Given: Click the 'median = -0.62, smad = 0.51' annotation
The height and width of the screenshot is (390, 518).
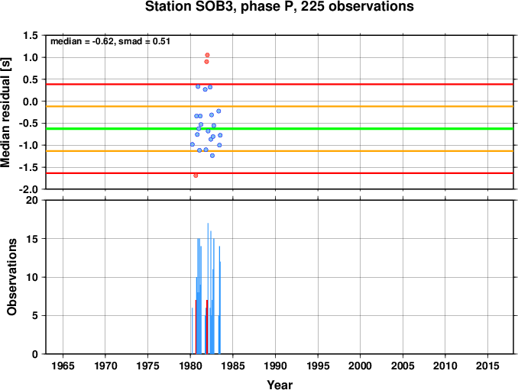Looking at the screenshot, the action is pos(110,41).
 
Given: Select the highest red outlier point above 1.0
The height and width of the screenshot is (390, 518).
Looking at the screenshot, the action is pos(207,55).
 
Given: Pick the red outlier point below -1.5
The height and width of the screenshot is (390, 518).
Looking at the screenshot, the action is pos(196,176).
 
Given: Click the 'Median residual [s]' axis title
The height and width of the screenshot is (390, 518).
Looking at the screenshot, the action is pos(5,112).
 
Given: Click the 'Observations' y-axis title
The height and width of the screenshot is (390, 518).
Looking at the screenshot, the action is pos(12,277).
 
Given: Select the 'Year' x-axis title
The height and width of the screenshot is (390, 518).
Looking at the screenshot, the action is pos(280,385).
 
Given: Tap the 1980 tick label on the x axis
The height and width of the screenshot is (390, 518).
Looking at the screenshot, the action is pos(190,366).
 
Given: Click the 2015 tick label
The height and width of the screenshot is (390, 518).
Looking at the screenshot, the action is pos(487,366).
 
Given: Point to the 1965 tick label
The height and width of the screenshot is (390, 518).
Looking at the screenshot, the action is pos(63,366).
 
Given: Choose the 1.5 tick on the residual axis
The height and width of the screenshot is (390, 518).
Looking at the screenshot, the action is pos(31,35).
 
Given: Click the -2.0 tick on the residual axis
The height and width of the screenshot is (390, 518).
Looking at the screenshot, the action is pos(29,189).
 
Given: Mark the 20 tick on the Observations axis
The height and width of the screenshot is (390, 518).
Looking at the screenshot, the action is pos(32,200).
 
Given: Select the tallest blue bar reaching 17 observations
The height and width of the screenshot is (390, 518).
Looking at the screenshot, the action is pos(208,288).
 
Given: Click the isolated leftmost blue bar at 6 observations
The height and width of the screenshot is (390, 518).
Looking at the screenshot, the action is pos(192,331).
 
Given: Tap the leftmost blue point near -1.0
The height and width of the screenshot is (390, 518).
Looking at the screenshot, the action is pos(193,144).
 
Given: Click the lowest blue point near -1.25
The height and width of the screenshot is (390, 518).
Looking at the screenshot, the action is pos(212,156).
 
